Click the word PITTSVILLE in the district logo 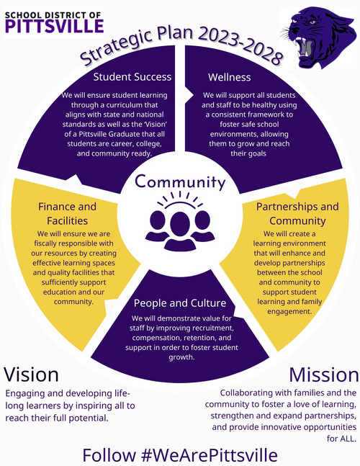(54, 26)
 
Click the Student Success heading (132, 77)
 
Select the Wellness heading (229, 77)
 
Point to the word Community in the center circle (180, 182)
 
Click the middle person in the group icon (180, 231)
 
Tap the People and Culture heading (180, 303)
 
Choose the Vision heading (31, 375)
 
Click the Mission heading (324, 375)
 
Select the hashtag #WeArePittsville (210, 455)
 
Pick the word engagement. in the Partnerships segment (289, 311)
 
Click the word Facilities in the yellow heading (68, 221)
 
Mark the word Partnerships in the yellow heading (282, 207)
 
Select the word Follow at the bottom (109, 455)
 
